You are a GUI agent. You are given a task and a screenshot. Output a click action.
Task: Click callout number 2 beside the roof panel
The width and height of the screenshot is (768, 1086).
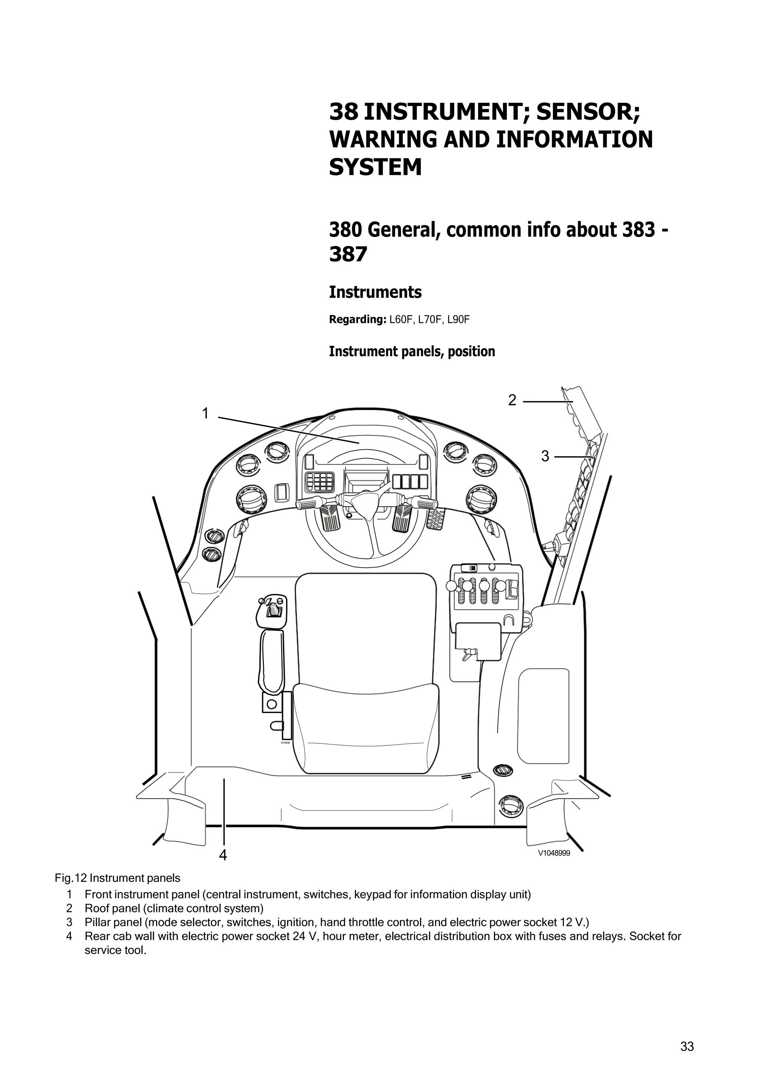tap(512, 400)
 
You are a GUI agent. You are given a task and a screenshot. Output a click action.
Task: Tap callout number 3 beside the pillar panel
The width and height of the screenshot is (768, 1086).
tap(545, 456)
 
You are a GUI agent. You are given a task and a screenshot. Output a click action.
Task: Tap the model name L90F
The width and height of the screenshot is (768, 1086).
tap(459, 320)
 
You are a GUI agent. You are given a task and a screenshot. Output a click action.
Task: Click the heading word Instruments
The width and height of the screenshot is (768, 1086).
tap(375, 292)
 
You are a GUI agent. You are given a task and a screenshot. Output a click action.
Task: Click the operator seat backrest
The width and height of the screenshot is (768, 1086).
tap(365, 629)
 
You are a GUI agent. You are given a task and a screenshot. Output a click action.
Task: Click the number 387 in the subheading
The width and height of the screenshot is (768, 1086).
tap(348, 255)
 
